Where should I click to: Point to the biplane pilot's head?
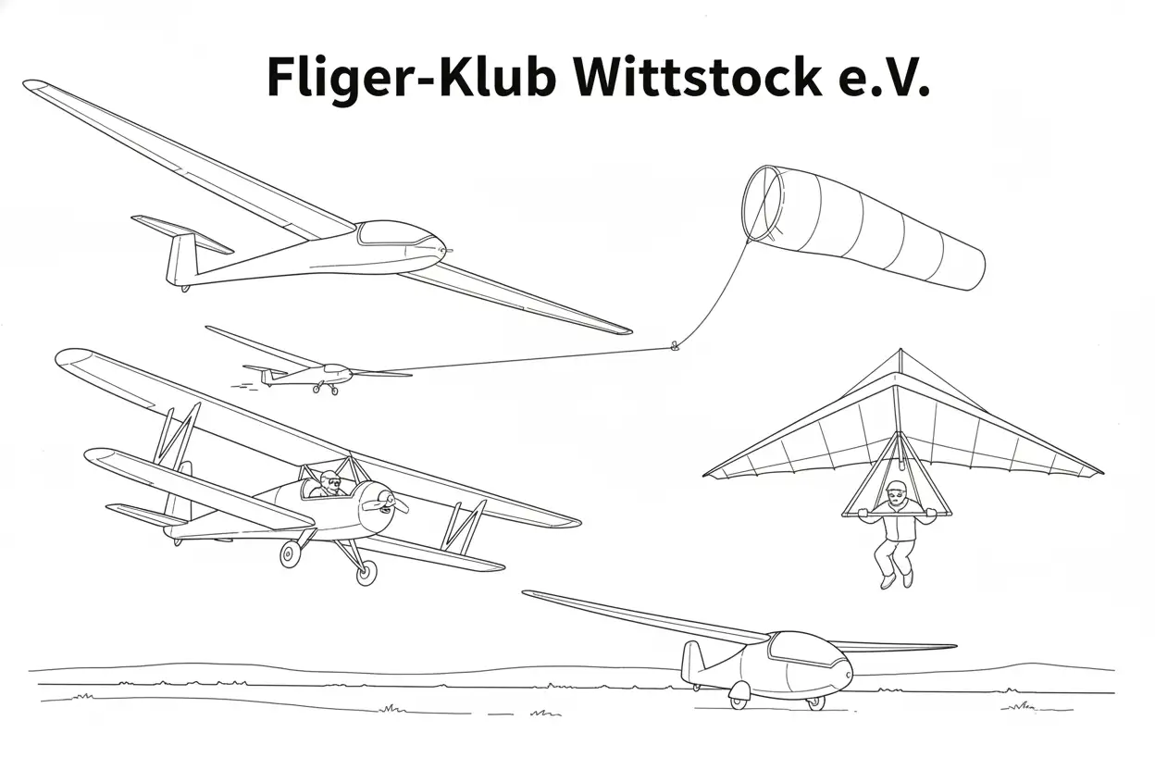tap(329, 481)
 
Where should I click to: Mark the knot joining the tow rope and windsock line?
tap(674, 345)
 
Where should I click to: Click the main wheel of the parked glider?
tap(739, 695)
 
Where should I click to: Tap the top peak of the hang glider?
tap(900, 350)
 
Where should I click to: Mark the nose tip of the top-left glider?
tap(449, 251)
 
